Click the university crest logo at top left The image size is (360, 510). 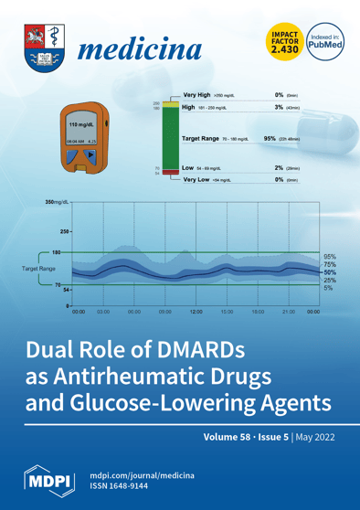[x=42, y=47]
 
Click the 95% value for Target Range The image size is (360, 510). [x=270, y=138]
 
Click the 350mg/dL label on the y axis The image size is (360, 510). [x=60, y=198]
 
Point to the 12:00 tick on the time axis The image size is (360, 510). [x=196, y=312]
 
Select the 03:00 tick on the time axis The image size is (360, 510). [x=103, y=312]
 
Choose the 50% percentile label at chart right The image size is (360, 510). [x=330, y=271]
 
